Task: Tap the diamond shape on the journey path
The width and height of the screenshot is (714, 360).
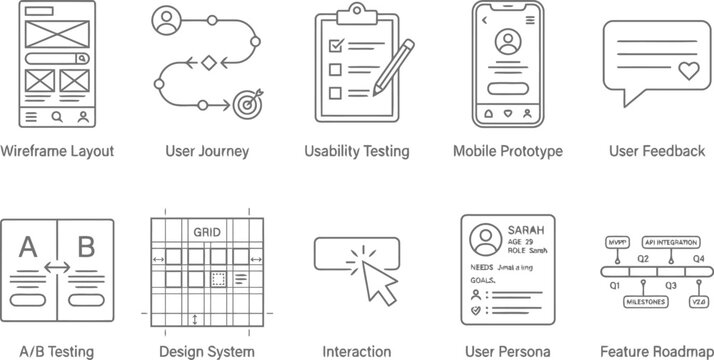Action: click(208, 63)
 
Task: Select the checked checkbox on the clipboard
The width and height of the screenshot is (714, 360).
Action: click(336, 45)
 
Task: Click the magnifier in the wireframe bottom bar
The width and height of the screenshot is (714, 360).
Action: click(57, 117)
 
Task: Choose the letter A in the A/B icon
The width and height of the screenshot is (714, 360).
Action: click(27, 246)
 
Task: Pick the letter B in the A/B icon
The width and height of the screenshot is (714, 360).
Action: click(86, 246)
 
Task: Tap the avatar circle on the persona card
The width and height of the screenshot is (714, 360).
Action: click(486, 239)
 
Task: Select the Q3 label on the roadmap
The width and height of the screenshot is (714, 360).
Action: click(671, 285)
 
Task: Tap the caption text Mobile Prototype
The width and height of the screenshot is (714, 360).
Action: click(507, 151)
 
